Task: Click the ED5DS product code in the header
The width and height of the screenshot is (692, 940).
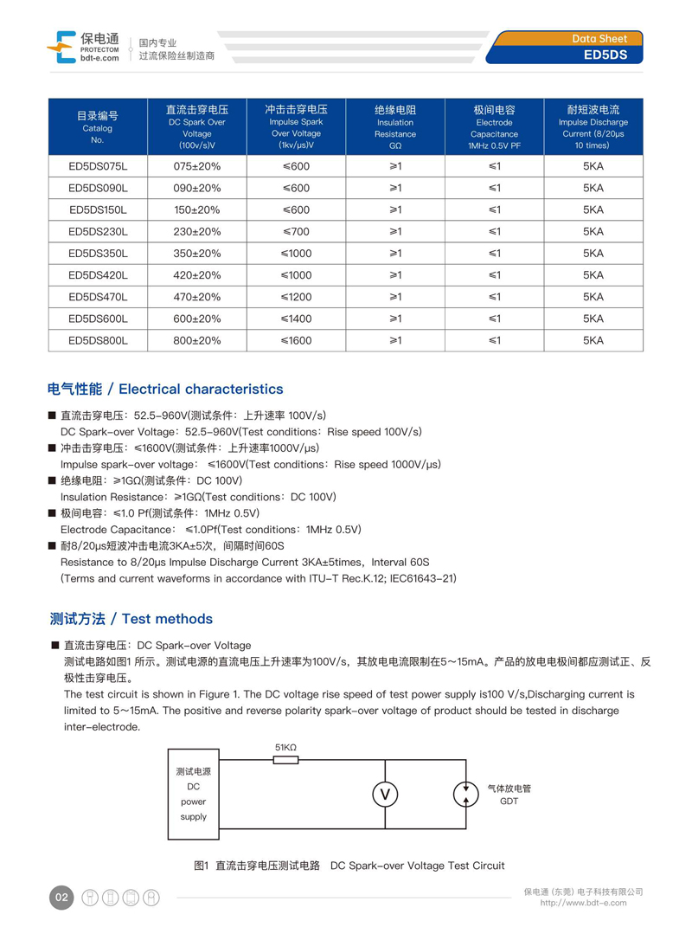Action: pos(612,55)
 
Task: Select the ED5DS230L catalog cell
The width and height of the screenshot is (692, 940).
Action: pos(98,232)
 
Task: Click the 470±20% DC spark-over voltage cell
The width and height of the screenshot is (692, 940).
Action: pos(197,297)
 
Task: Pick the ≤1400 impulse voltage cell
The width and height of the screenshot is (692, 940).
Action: pos(296,319)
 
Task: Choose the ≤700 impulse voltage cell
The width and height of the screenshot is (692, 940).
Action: pos(296,232)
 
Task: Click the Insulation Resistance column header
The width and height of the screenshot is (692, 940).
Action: pos(395,127)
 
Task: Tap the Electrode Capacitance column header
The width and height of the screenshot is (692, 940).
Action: pos(494,127)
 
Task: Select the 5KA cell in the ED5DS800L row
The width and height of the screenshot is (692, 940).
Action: pos(593,341)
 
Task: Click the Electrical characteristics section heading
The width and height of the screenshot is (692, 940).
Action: pos(165,390)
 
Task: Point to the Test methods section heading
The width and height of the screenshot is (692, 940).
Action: pos(131,619)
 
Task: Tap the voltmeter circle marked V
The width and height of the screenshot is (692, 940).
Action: pos(385,795)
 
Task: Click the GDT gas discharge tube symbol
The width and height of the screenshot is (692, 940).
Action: pos(465,794)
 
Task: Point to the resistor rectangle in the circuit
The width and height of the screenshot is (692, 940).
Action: pos(285,760)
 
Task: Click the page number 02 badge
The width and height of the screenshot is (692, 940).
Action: pos(61,898)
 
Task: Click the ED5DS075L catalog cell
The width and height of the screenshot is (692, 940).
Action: pos(98,166)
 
